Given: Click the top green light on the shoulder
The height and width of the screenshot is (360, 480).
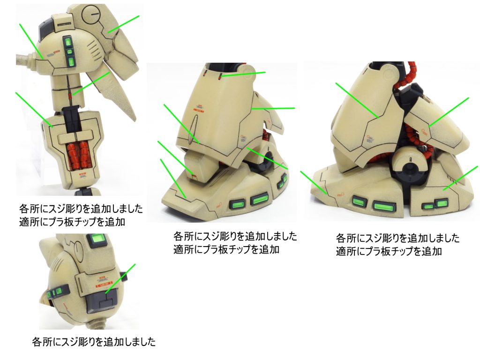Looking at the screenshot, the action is coord(67,41).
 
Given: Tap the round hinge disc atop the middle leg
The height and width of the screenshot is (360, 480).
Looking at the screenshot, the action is coord(248,69).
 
